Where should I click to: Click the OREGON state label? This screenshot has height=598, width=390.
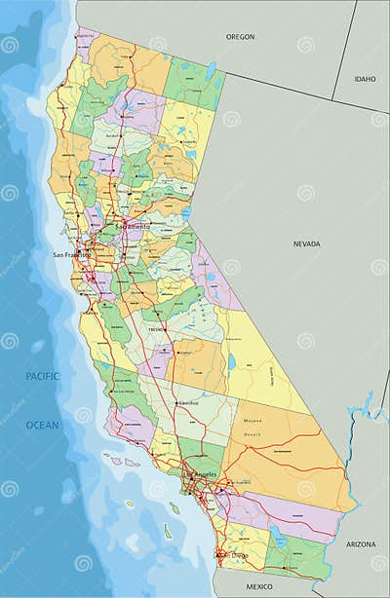[x=240, y=36]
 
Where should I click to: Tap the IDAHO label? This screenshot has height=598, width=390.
[x=365, y=78]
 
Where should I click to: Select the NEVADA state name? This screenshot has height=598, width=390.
[x=306, y=245]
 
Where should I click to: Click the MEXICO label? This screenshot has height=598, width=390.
[x=259, y=587]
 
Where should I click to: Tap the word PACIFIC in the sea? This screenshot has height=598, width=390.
[x=42, y=376]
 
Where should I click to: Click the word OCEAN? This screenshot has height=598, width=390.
[x=42, y=425]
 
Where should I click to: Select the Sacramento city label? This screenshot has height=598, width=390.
[x=133, y=226]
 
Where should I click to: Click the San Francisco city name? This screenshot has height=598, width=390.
[x=71, y=255]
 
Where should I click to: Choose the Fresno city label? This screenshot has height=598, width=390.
[x=155, y=330]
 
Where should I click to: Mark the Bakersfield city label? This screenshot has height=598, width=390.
[x=188, y=401]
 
